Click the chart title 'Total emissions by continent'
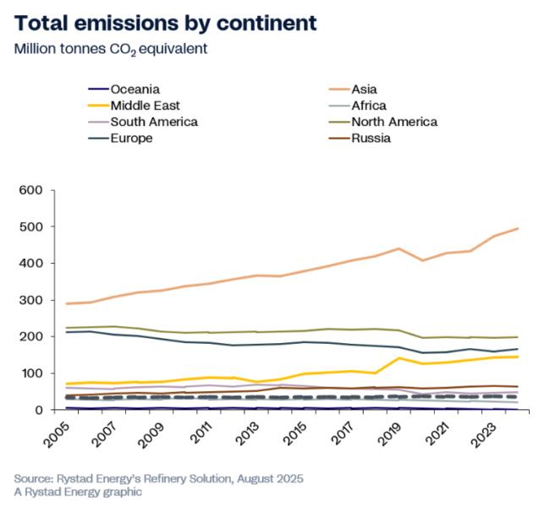tap(165, 23)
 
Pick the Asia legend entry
tap(364, 89)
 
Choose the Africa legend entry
tap(368, 106)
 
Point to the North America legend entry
tap(393, 122)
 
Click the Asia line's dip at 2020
tap(423, 260)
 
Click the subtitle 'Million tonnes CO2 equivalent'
tap(111, 48)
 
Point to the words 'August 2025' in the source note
tap(263, 478)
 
